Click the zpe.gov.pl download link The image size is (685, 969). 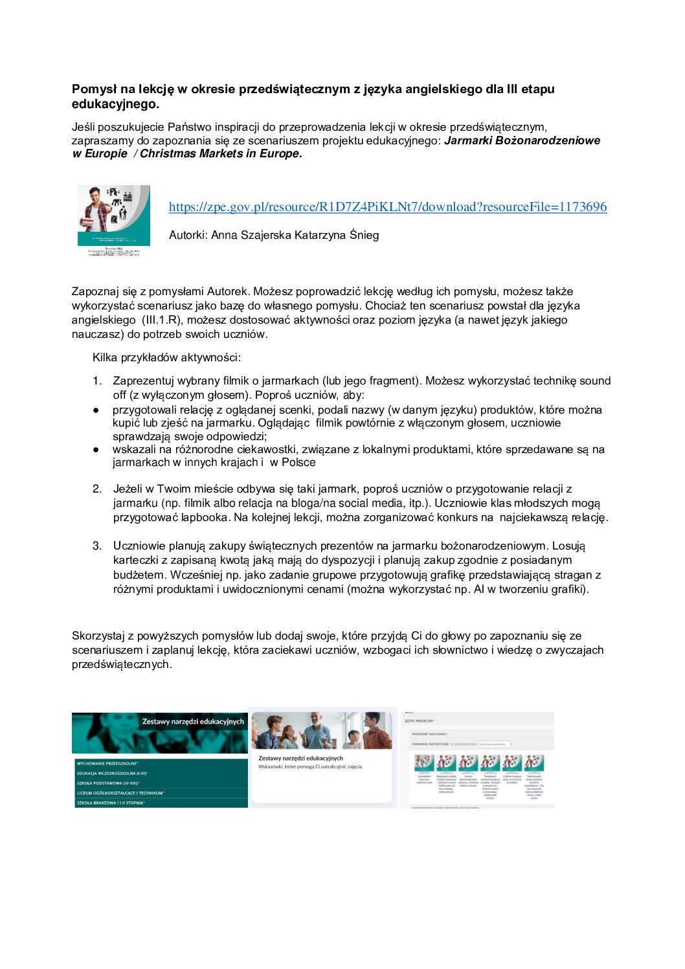click(x=388, y=207)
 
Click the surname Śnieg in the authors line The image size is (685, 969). click(x=364, y=235)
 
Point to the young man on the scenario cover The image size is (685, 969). click(x=97, y=210)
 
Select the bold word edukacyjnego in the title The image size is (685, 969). click(x=113, y=104)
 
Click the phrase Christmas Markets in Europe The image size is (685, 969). click(x=219, y=154)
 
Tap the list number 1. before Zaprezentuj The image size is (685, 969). click(x=97, y=381)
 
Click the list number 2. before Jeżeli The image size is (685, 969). click(x=97, y=489)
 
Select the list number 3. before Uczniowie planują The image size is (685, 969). click(x=97, y=546)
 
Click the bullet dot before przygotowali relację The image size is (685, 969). click(x=96, y=410)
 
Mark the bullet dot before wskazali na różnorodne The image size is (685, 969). click(x=96, y=450)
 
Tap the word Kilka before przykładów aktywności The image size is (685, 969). click(x=104, y=358)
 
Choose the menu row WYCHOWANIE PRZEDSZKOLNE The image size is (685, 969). click(x=106, y=764)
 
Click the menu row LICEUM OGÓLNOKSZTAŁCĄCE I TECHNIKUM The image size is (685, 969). click(x=119, y=793)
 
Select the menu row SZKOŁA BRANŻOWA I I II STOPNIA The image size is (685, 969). click(x=110, y=803)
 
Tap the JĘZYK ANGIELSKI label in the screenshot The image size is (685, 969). click(x=420, y=720)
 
